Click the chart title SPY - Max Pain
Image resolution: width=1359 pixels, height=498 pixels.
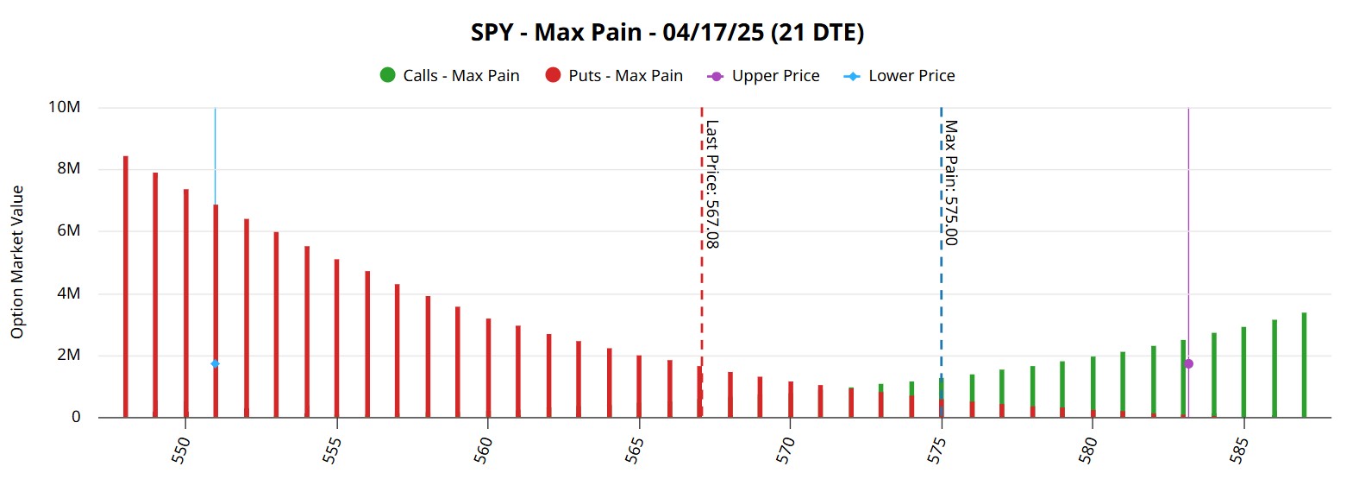667,33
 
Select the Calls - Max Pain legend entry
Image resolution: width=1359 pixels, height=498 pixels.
449,76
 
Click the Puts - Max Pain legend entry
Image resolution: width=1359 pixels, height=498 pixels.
614,76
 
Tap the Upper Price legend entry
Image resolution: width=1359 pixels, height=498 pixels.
763,76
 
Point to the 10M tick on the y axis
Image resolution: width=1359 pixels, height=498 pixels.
65,107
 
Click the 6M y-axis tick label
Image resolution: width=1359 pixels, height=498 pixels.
69,230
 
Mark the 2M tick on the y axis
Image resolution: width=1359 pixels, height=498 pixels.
69,355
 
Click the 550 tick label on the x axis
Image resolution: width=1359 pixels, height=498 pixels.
181,450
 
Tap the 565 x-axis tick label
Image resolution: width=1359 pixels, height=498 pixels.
635,450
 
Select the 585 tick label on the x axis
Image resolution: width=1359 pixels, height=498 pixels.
1239,450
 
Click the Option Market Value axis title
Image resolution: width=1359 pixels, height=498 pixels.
17,262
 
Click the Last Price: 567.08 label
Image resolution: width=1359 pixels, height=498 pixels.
712,184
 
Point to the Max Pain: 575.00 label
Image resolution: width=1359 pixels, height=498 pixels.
951,182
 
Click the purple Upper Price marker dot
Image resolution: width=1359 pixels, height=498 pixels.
1188,364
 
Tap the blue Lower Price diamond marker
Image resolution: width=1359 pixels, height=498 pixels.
216,364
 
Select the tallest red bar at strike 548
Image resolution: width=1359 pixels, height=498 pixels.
126,285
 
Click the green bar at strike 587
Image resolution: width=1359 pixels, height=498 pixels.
1304,364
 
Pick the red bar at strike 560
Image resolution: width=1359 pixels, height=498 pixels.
488,367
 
